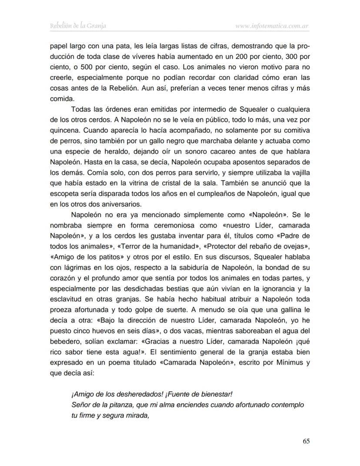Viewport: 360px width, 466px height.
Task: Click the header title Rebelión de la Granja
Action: [x=79, y=26]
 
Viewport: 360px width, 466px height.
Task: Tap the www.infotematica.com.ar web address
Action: [x=272, y=27]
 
